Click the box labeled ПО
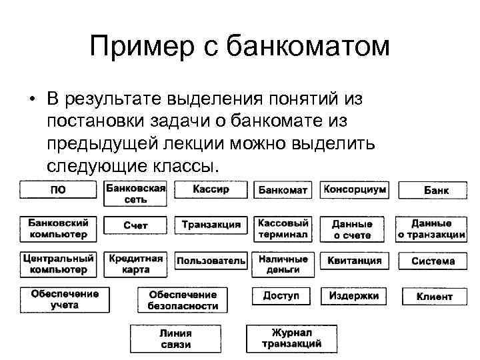click(58, 190)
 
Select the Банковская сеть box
click(135, 193)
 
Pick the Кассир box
click(211, 190)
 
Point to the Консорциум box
click(354, 190)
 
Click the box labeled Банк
click(435, 191)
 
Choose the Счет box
click(135, 226)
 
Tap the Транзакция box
click(211, 225)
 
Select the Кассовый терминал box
click(283, 229)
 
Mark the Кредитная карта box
click(135, 264)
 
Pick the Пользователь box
click(211, 261)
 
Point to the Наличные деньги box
click(283, 264)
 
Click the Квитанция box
click(354, 261)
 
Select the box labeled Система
click(433, 261)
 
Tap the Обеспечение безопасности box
click(183, 300)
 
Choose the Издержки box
click(354, 295)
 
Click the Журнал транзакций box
click(291, 338)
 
